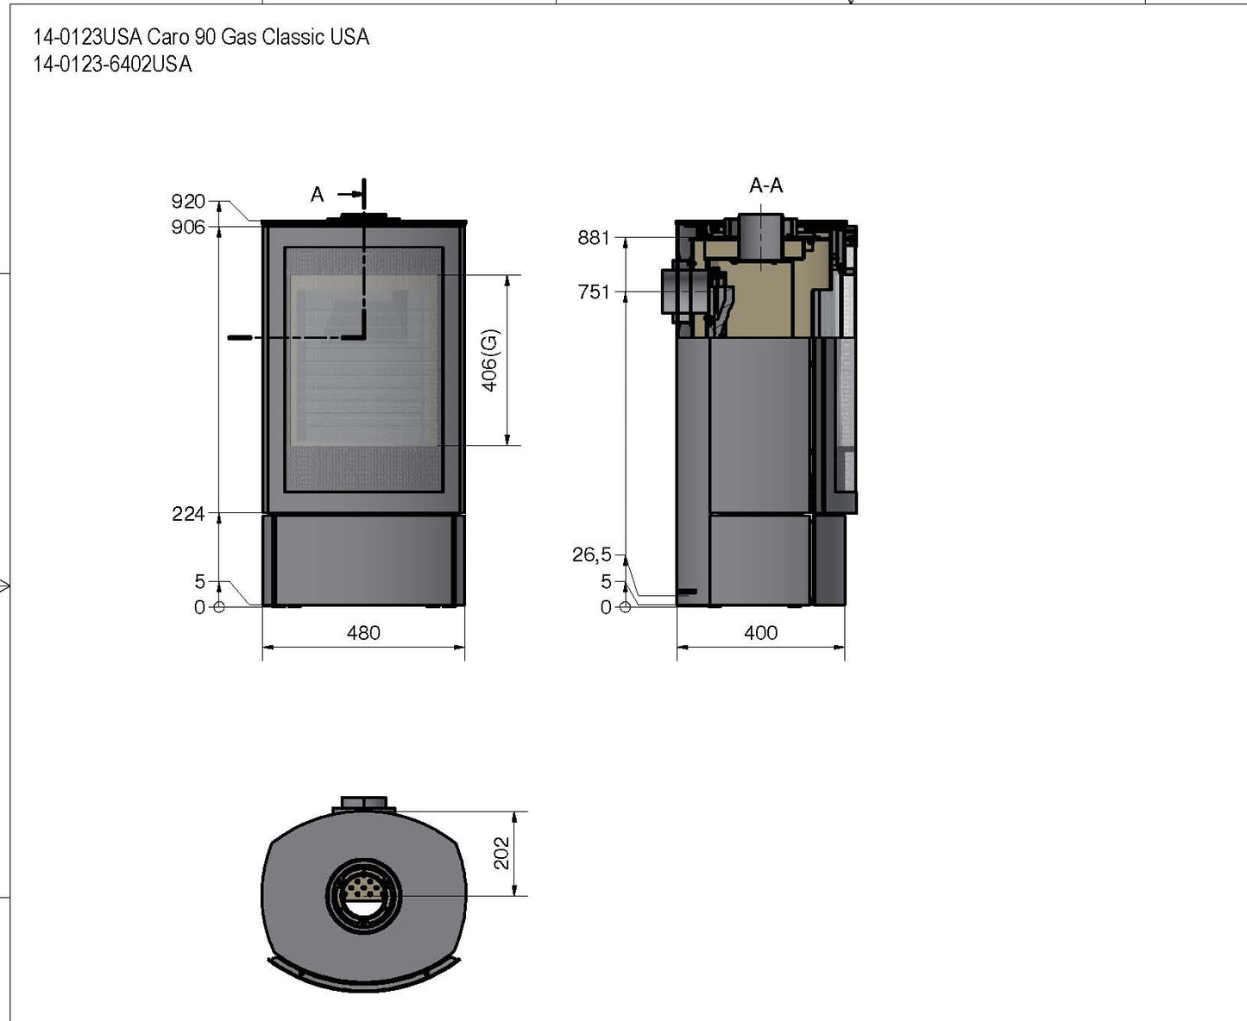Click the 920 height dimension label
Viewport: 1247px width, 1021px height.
188,201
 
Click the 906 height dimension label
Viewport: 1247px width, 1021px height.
188,227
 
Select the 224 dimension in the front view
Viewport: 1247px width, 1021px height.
188,514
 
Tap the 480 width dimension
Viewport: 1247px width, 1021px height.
363,633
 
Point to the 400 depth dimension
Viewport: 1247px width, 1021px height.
760,633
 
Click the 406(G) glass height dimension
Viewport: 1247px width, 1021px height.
490,360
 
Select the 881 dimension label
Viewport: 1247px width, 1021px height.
594,237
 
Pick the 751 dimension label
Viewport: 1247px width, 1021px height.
594,292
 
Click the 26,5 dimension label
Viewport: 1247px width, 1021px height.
591,554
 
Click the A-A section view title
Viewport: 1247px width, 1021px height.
766,185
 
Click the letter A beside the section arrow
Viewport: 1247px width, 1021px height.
318,195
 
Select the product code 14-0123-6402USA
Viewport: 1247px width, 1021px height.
112,65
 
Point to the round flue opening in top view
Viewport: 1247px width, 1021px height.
363,895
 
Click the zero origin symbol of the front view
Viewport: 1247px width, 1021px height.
218,606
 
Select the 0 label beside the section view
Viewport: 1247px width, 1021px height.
606,607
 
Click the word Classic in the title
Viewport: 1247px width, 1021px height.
293,37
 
